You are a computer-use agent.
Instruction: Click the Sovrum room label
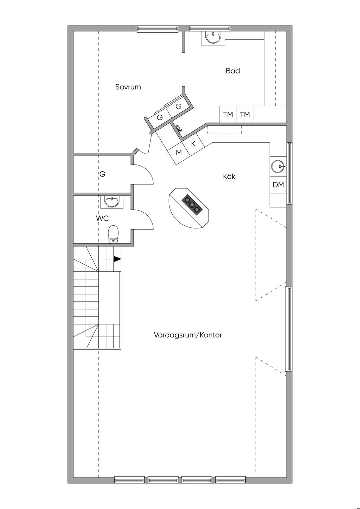click(x=128, y=87)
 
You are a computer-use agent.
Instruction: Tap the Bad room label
click(x=233, y=71)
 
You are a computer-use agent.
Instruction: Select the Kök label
click(x=229, y=176)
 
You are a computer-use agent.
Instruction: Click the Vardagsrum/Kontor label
click(x=188, y=335)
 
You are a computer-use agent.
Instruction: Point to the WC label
click(x=102, y=218)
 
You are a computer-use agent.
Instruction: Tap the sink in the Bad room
click(x=213, y=38)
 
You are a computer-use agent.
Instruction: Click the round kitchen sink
click(x=278, y=167)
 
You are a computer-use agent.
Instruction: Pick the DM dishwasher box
click(x=278, y=185)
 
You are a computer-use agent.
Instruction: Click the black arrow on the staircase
click(x=117, y=259)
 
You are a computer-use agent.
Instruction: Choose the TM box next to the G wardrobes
click(x=228, y=115)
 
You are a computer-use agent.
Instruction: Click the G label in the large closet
click(x=102, y=174)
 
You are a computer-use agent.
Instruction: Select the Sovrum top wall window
click(x=157, y=28)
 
